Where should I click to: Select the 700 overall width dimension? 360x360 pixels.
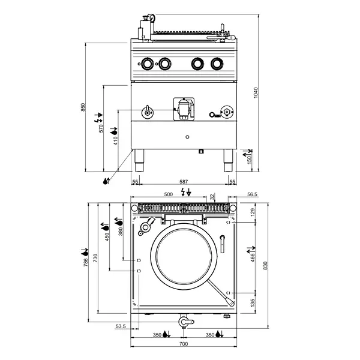coord(184,344)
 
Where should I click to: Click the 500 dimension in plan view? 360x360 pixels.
coord(169,195)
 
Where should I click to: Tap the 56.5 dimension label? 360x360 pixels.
coord(252,194)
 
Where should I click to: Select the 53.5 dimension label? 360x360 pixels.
coord(119,327)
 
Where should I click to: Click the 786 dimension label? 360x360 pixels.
coord(86,259)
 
